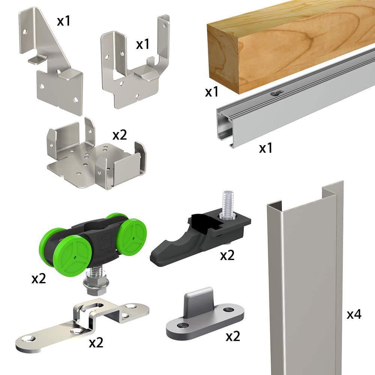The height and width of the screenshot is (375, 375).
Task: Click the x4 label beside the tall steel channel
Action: tap(354, 314)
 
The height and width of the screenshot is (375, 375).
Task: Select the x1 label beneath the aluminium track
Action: tap(265, 148)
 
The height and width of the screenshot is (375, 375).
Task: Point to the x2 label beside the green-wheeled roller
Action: tap(39, 279)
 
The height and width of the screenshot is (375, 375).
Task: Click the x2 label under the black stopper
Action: tap(227, 256)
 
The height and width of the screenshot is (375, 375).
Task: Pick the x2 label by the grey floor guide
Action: tap(233, 336)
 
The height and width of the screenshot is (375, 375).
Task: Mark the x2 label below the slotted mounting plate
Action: tap(96, 342)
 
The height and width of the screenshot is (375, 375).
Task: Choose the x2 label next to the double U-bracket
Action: tap(120, 135)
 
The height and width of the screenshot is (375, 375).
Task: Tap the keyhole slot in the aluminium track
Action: tap(276, 93)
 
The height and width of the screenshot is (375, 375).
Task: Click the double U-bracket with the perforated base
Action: tap(96, 156)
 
